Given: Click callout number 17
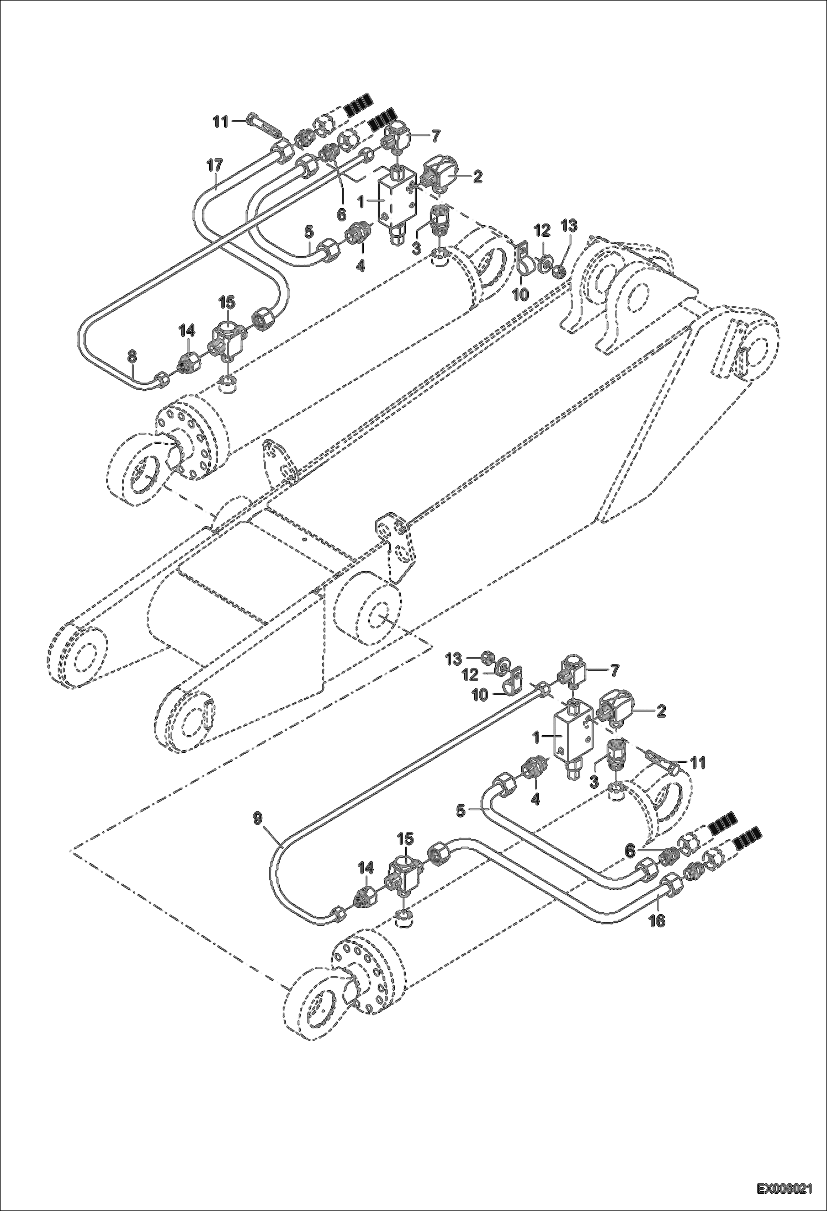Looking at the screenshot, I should [215, 164].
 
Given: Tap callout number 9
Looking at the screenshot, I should [259, 818].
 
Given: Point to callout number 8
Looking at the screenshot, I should [131, 357].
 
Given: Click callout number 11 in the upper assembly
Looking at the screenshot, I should [221, 122].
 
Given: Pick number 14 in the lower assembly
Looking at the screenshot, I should [365, 868].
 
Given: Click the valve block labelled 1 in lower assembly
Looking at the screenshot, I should [572, 737].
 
